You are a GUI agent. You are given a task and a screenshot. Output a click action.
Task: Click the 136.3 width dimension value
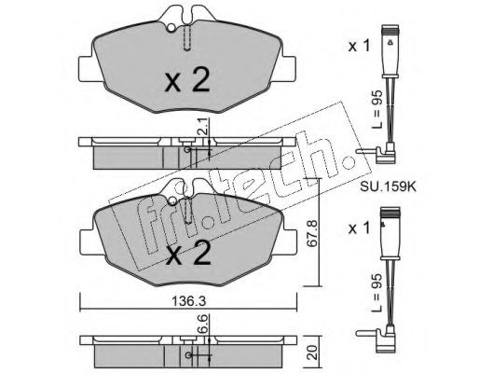[x=189, y=301]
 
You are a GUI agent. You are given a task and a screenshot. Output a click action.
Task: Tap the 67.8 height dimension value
[x=312, y=233]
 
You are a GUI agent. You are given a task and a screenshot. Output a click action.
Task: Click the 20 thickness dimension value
[x=314, y=352]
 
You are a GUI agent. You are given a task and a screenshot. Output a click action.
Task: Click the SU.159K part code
[x=388, y=186]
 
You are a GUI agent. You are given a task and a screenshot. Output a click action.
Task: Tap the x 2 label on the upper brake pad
[x=187, y=81]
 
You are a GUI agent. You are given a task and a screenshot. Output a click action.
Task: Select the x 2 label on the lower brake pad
[x=187, y=255]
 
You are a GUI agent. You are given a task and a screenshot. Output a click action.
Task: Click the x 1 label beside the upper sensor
[x=359, y=46]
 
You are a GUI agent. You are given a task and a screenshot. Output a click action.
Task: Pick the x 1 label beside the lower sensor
[x=359, y=228]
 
